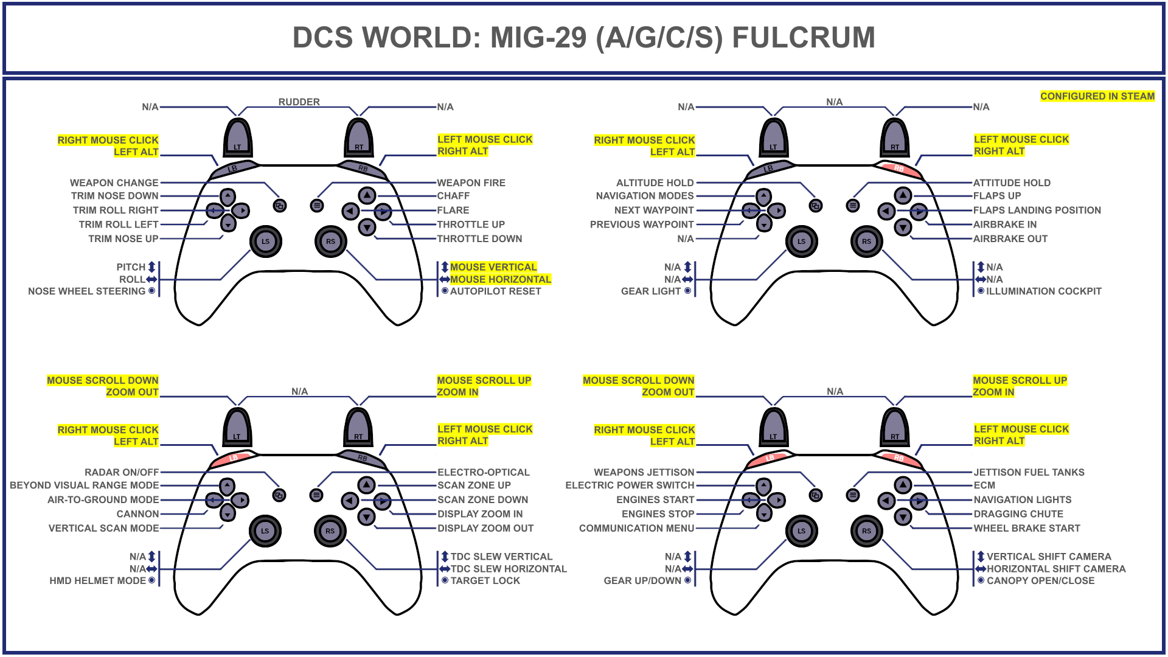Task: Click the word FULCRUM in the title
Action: pos(803,38)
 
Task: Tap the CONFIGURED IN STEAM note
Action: pos(1097,96)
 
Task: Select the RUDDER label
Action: pos(299,102)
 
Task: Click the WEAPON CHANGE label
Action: pos(114,182)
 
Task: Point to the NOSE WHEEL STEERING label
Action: pos(86,291)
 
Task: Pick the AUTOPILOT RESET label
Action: pos(495,291)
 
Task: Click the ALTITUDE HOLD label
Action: pos(655,182)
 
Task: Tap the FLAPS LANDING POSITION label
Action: pos(1037,210)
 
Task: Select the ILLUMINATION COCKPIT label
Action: pos(1043,291)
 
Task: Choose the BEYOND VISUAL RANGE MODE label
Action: pos(84,485)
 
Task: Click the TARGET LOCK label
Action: pos(485,581)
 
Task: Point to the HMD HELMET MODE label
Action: pos(97,581)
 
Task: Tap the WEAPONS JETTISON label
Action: pos(644,472)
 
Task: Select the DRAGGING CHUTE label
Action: pos(1018,514)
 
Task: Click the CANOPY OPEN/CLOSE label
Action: pos(1040,581)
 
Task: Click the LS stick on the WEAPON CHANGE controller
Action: pos(265,241)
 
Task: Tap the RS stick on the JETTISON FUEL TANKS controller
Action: pos(866,530)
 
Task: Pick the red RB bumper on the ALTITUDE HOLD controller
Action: pos(899,169)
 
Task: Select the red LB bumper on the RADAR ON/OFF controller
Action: pos(234,457)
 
